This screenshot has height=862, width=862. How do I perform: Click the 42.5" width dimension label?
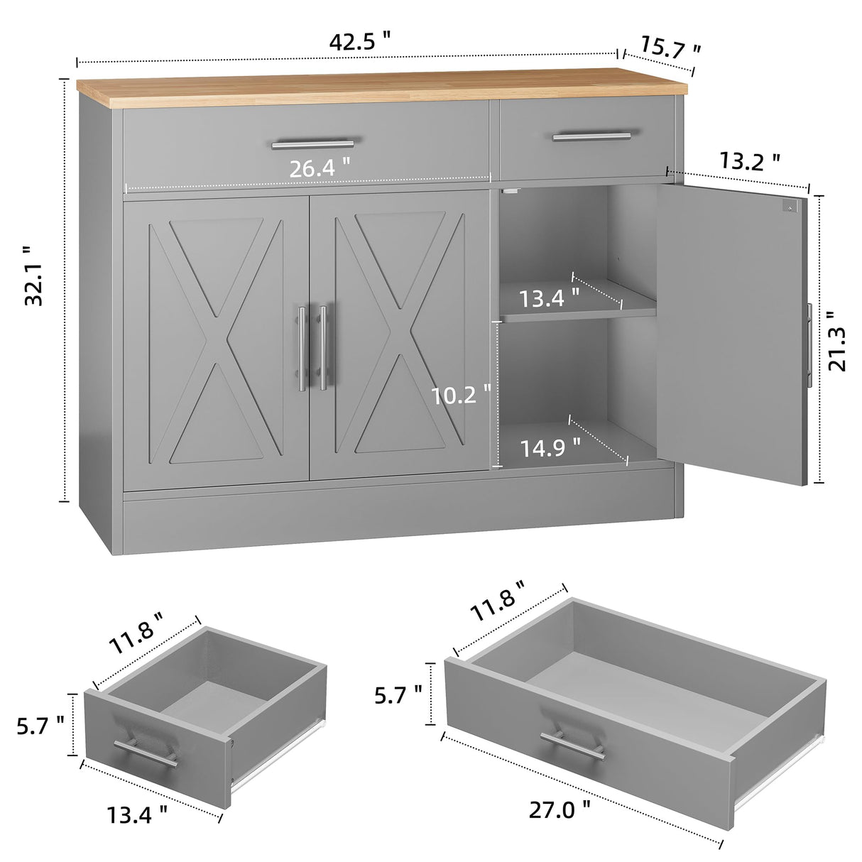[x=360, y=41]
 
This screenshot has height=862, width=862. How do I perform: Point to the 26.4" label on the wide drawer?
[x=320, y=169]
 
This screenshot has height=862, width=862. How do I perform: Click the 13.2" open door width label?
[x=750, y=163]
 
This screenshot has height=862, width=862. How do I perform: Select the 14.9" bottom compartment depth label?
[x=550, y=448]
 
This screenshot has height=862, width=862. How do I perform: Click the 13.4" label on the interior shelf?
[x=550, y=298]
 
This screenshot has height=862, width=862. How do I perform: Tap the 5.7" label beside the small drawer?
[x=41, y=725]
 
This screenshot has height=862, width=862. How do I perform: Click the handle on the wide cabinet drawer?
[x=312, y=144]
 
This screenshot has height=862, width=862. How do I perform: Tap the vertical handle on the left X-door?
[x=302, y=348]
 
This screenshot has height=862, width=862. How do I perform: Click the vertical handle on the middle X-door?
[x=323, y=348]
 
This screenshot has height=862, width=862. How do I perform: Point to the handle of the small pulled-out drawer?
[x=146, y=751]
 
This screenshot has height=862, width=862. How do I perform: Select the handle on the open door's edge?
[x=809, y=344]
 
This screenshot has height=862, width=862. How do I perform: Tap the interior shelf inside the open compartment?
[x=575, y=311]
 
